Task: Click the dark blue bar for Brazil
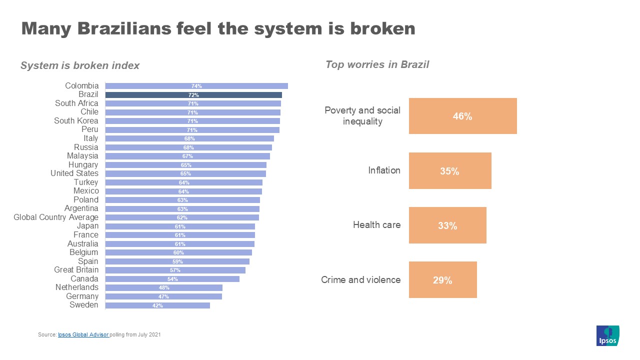[193, 95]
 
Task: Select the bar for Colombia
[196, 86]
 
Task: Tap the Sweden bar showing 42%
[157, 305]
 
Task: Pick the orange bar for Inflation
[450, 171]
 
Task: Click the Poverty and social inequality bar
[462, 116]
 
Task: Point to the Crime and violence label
[360, 279]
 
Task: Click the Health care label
[376, 225]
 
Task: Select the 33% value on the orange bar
[447, 226]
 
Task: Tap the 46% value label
[462, 116]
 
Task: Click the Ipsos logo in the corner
[607, 335]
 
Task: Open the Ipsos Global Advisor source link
[83, 334]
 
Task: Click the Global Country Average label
[56, 217]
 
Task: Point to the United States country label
[74, 173]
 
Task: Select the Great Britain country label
[76, 270]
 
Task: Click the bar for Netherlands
[164, 288]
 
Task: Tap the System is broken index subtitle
[80, 65]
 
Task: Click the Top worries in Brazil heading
[377, 64]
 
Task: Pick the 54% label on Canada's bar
[172, 279]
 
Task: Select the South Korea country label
[76, 121]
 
